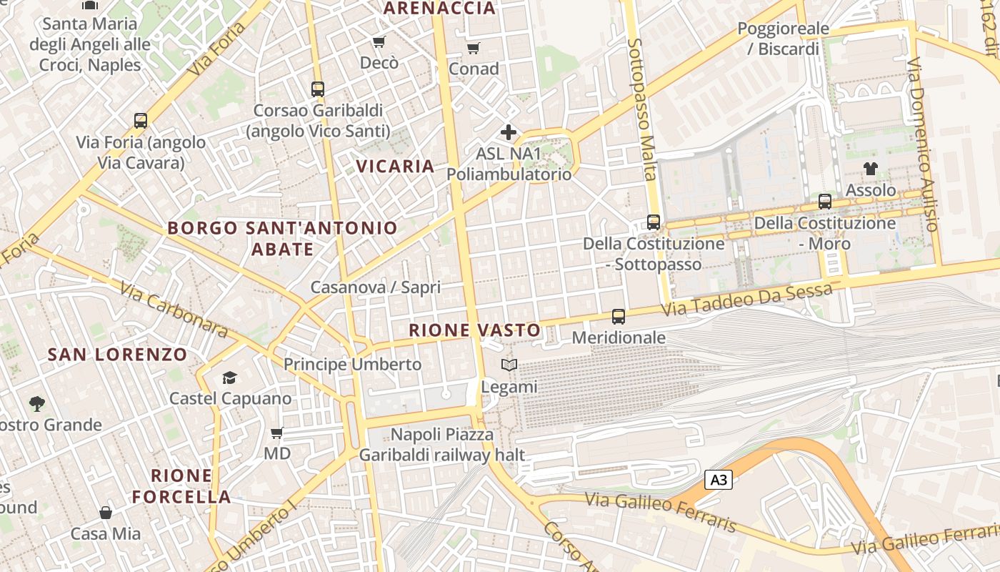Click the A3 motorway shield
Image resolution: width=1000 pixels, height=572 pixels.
(x=719, y=480)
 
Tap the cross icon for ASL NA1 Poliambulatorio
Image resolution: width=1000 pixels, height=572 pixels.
(x=509, y=132)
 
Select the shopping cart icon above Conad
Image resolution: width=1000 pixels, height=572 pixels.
(x=473, y=48)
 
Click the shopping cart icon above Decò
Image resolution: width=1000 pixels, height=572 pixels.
(x=379, y=42)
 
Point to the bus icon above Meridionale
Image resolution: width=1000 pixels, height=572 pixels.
(x=619, y=316)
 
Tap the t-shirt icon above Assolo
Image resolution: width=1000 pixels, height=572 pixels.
(x=870, y=169)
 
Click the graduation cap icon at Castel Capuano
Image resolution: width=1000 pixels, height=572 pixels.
(x=229, y=377)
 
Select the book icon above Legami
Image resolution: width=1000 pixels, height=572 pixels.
(x=509, y=365)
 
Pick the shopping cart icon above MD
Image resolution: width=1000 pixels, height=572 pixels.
(x=277, y=433)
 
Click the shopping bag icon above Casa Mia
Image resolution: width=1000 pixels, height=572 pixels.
(x=106, y=512)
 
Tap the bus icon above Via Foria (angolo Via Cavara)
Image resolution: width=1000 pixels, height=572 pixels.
(x=141, y=120)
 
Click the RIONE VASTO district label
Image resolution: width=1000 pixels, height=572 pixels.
(x=474, y=330)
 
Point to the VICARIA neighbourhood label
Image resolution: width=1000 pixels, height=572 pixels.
(x=395, y=167)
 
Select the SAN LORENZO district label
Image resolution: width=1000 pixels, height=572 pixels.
(x=117, y=354)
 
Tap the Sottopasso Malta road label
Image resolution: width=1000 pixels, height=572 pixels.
(x=641, y=109)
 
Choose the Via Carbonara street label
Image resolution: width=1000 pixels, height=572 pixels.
(x=174, y=310)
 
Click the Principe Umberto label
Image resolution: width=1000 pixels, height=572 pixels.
(x=353, y=364)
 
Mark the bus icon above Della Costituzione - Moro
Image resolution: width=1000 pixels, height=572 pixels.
(x=825, y=202)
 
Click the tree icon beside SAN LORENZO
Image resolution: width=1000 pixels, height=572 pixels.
(x=36, y=404)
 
